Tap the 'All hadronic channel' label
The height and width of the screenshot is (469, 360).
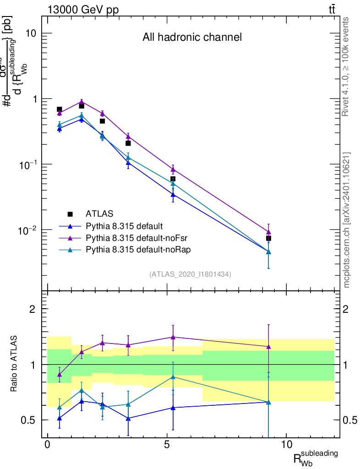click(x=192, y=37)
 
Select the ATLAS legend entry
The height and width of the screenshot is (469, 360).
click(x=99, y=214)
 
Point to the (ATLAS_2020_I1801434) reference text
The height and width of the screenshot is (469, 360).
click(x=190, y=274)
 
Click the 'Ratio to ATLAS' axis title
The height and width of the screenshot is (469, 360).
click(x=15, y=364)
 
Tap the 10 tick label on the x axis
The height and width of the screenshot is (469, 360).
click(x=286, y=445)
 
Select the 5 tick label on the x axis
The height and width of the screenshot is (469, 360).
click(x=167, y=445)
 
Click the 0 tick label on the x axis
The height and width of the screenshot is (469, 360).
click(x=48, y=445)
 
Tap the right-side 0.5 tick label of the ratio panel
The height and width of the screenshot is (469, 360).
click(x=350, y=420)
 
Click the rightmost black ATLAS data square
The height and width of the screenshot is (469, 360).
click(x=268, y=238)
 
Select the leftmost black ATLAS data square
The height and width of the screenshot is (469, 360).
click(x=59, y=109)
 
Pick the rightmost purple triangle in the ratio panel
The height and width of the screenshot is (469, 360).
click(x=268, y=347)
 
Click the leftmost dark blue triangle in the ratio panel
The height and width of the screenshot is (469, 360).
click(x=59, y=418)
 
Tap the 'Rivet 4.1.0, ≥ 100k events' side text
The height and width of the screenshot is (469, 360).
click(x=346, y=66)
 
